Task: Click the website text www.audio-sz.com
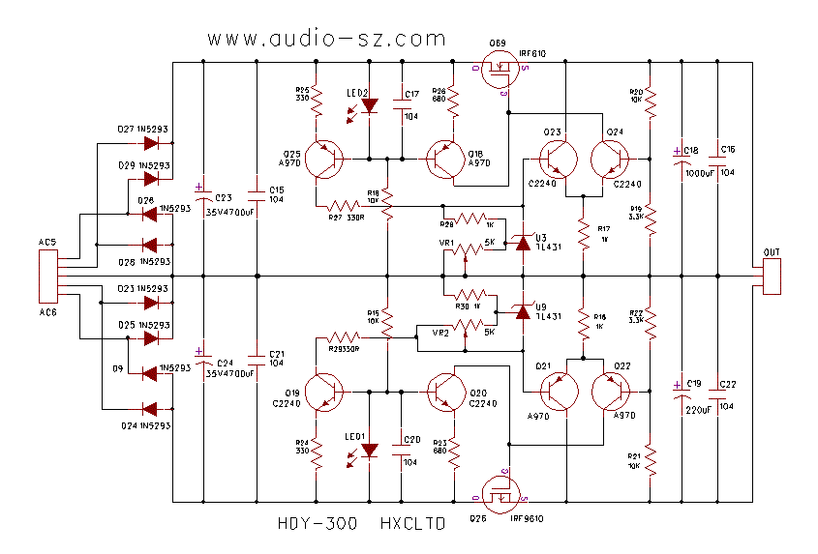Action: pos(326,40)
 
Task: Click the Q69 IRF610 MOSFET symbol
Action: pos(502,73)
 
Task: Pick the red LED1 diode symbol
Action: pos(369,452)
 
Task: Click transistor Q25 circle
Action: pos(322,158)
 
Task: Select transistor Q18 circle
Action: pos(446,158)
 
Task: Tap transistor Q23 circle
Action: pos(555,158)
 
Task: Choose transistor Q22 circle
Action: pos(610,394)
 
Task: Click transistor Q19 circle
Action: pos(323,393)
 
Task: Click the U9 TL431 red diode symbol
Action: pos(523,311)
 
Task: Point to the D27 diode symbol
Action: pos(151,143)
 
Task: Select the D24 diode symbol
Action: pos(151,409)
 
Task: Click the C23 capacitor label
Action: pos(224,196)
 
